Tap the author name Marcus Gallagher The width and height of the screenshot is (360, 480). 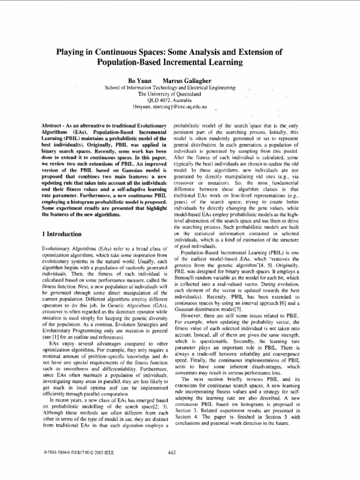click(x=187, y=81)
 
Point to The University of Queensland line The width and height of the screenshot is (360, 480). click(x=170, y=94)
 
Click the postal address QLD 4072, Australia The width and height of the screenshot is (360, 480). click(x=170, y=100)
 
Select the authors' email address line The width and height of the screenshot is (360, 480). click(x=170, y=106)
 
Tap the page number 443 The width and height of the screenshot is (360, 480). click(x=171, y=452)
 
